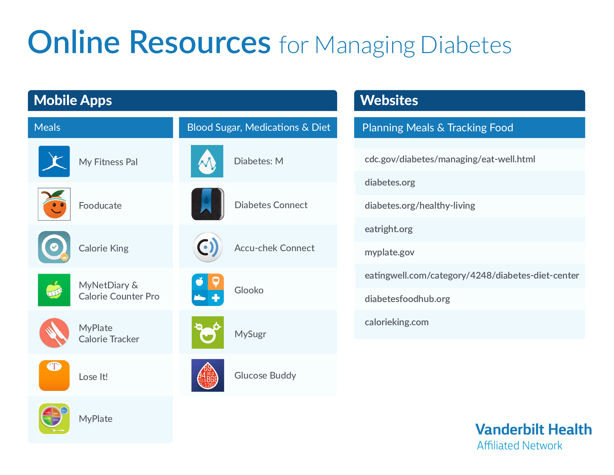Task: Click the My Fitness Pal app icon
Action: [54, 161]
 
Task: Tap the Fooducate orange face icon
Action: [54, 204]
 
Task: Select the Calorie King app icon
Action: [54, 247]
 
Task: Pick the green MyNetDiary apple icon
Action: [54, 290]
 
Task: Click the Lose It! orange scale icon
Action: [54, 375]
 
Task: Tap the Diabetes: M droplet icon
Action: [207, 161]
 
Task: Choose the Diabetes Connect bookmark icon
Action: [207, 204]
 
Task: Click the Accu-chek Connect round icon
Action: [207, 247]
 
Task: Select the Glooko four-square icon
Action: [207, 290]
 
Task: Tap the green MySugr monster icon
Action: [207, 332]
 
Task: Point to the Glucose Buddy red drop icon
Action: [207, 375]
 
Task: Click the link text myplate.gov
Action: [389, 252]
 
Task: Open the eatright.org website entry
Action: [388, 229]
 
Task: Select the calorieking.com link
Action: [397, 322]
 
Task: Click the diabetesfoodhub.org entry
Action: [407, 299]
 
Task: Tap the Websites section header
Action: [389, 100]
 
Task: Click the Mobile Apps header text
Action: [73, 101]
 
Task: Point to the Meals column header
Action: [47, 127]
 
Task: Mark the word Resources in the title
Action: [200, 42]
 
